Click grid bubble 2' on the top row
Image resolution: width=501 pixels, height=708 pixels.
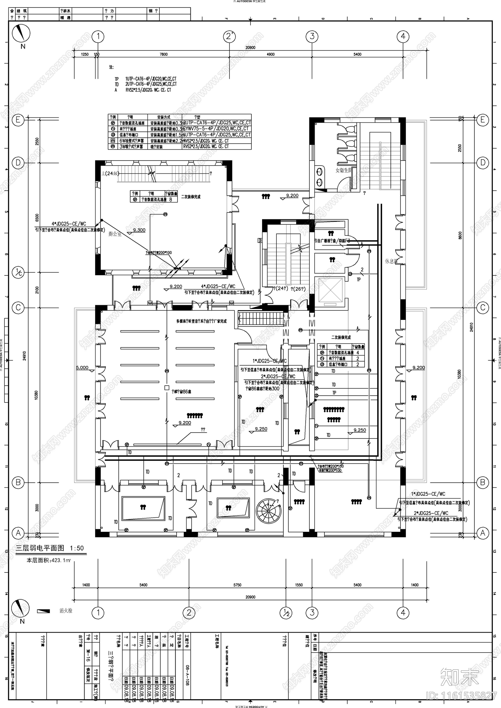click(229, 36)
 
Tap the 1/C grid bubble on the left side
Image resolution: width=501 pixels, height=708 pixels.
click(18, 272)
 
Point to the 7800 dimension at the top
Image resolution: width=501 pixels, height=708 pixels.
click(163, 54)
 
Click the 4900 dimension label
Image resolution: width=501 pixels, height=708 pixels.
click(271, 54)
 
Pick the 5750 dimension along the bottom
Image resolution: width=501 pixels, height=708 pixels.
click(237, 585)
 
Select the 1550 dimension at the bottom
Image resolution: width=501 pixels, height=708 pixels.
click(299, 585)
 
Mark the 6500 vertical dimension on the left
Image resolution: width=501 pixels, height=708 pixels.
click(37, 217)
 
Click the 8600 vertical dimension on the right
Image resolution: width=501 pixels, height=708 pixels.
click(460, 235)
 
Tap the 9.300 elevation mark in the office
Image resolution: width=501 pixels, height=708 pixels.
click(139, 230)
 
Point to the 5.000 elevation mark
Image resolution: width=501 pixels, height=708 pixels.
click(82, 367)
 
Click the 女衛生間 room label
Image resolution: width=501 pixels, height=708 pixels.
click(343, 170)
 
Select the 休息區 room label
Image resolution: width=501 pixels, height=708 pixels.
click(391, 261)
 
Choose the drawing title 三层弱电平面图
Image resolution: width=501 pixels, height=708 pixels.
click(40, 548)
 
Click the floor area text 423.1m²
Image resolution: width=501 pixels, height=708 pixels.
click(50, 561)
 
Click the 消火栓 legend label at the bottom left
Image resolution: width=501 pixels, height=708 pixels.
click(66, 611)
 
